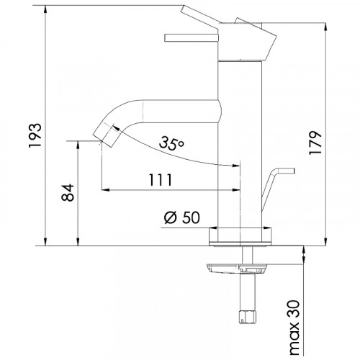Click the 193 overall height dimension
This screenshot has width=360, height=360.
[35, 135]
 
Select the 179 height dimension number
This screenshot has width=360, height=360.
[315, 143]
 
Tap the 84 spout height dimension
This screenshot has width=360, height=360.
[68, 192]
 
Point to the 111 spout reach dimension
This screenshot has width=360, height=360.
[161, 180]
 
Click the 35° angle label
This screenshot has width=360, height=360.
[171, 143]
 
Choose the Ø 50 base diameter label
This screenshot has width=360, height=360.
[181, 217]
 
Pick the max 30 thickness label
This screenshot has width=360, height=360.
[294, 328]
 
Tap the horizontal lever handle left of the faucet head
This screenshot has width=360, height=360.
[192, 38]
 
